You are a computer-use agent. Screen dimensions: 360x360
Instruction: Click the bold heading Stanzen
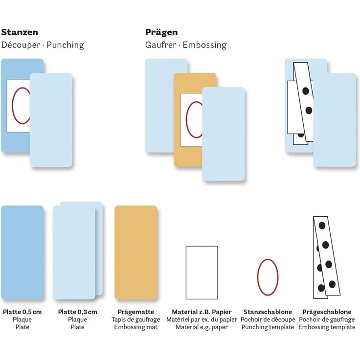point(20,32)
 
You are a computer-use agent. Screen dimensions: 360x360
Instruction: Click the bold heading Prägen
point(161,32)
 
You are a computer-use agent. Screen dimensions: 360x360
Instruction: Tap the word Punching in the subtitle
point(66,45)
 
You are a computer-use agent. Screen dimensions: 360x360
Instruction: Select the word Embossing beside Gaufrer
point(204,45)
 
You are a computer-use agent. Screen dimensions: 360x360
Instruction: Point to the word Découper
point(21,45)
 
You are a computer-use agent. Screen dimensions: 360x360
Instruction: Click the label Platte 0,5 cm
point(22,312)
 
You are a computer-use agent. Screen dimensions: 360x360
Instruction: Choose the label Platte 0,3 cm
point(78,312)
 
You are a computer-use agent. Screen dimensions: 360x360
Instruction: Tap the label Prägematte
point(135,312)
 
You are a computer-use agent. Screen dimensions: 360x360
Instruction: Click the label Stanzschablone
point(268,312)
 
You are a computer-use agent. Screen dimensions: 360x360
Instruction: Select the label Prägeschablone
point(327,312)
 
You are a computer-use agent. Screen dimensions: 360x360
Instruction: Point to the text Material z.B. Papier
point(202,312)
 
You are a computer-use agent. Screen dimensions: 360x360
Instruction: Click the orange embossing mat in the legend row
point(136,252)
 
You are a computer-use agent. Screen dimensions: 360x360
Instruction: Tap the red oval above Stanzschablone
point(258,277)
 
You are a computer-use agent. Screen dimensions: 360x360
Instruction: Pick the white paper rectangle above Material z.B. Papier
point(202,272)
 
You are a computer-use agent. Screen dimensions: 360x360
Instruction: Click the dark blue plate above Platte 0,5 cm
point(22,252)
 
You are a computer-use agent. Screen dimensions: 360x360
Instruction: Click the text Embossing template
point(327,327)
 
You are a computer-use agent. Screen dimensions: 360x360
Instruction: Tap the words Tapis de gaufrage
point(135,319)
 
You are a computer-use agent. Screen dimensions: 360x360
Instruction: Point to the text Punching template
point(268,327)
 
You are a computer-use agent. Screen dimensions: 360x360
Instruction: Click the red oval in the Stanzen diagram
point(12,106)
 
